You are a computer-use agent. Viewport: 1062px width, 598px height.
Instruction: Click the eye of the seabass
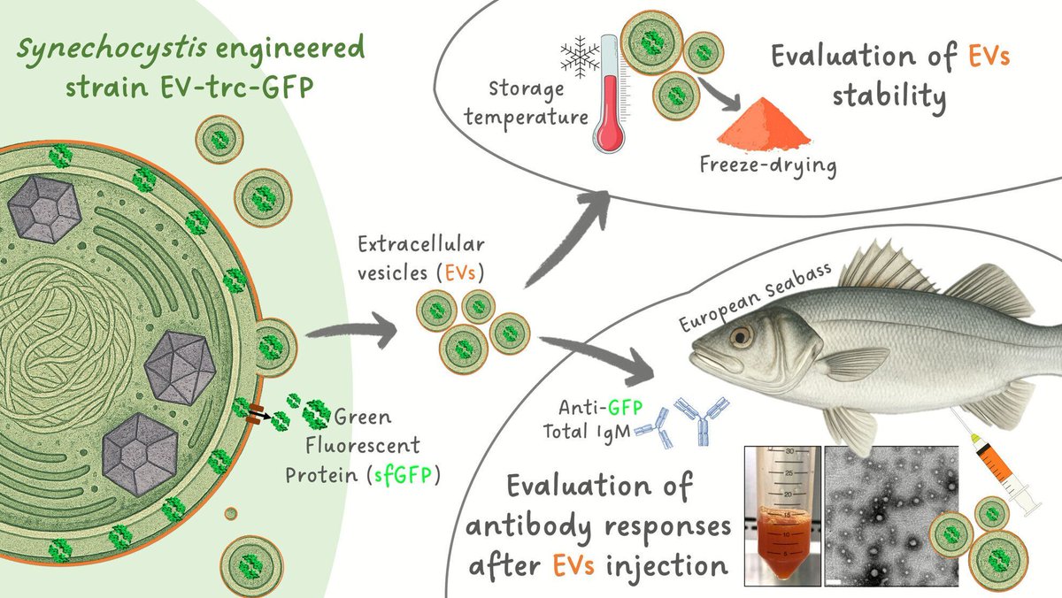tap(739, 336)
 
